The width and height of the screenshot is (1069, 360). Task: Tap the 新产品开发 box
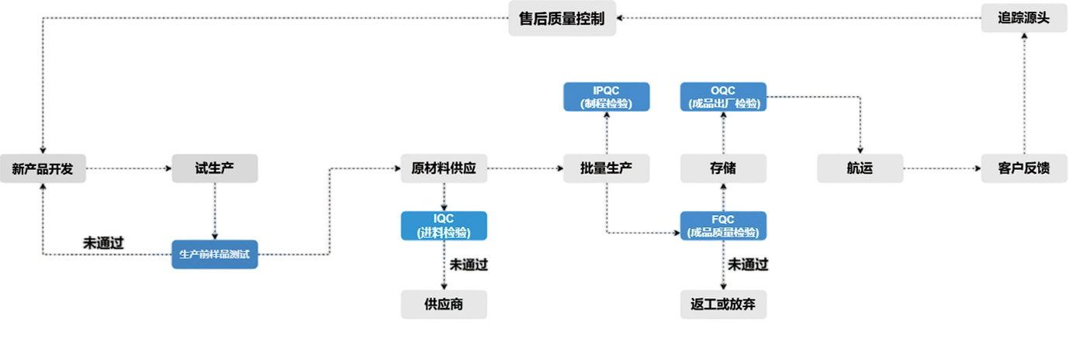click(x=43, y=168)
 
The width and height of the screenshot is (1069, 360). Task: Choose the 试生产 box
click(x=214, y=168)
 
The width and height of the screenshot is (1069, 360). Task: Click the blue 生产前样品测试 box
click(x=214, y=254)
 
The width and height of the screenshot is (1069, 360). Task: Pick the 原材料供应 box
click(x=444, y=168)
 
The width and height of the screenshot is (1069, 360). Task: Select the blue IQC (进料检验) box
click(x=444, y=225)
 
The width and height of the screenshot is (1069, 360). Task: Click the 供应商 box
click(x=444, y=304)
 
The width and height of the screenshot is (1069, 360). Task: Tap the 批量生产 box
click(x=606, y=168)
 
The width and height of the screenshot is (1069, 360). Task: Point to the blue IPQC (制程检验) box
click(x=606, y=96)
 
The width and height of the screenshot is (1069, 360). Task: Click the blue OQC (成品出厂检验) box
click(x=723, y=96)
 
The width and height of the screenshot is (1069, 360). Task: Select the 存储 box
click(x=723, y=168)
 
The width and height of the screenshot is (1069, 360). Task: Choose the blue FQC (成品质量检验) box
click(x=723, y=225)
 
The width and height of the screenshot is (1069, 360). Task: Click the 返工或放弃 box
click(x=723, y=304)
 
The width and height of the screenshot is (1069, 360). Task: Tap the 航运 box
click(x=860, y=168)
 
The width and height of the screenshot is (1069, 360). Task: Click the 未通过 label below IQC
click(x=469, y=265)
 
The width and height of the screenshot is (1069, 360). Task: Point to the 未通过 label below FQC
click(x=749, y=265)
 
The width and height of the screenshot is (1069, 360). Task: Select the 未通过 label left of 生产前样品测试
click(x=104, y=243)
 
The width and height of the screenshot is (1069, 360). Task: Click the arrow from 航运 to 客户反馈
click(x=942, y=168)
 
